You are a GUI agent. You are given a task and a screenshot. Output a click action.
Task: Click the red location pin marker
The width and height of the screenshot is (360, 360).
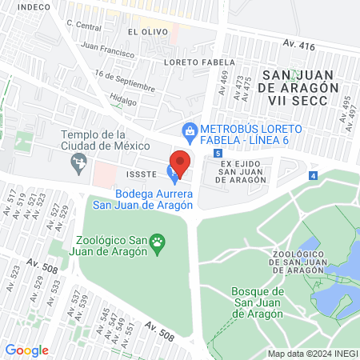point(181,163)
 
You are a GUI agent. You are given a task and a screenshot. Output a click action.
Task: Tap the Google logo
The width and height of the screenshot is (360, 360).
point(26,350)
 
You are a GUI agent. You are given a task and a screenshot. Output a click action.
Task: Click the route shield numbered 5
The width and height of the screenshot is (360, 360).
point(217,153)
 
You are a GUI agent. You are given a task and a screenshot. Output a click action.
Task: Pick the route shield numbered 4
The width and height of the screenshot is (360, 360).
point(313,175)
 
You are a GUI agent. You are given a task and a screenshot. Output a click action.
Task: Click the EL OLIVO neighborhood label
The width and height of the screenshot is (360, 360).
point(145,32)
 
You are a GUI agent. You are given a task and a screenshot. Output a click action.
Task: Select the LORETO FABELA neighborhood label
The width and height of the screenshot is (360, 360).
point(198,62)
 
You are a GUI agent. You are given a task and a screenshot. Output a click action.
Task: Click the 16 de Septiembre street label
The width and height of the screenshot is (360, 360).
point(123,80)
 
